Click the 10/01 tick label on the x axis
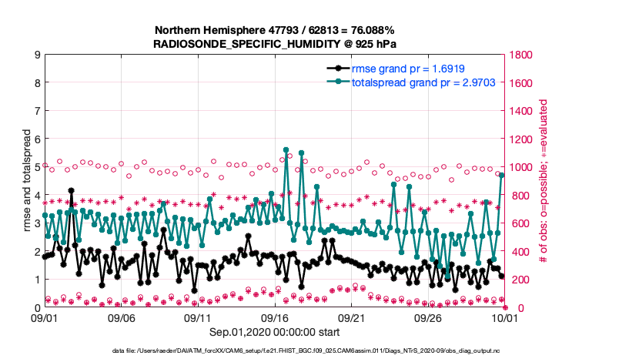504,317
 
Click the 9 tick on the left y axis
36,55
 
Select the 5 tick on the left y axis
36,167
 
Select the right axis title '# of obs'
544,181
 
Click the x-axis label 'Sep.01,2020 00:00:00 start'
274,331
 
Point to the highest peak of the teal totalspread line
286,149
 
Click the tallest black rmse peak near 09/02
72,190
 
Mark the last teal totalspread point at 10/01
502,176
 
